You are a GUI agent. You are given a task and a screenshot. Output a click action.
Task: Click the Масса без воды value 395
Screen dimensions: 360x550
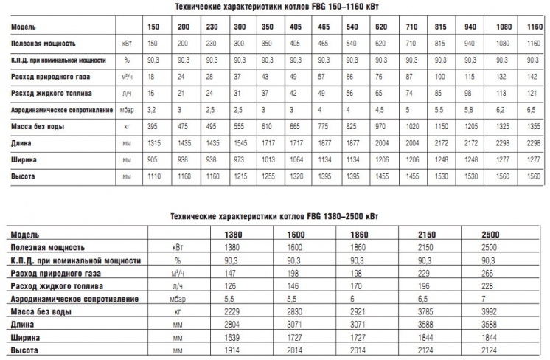[x=153, y=126]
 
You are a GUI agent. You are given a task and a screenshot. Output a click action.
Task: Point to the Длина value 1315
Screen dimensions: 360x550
[x=153, y=143]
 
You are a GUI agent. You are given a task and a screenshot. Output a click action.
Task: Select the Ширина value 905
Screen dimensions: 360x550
[x=153, y=159]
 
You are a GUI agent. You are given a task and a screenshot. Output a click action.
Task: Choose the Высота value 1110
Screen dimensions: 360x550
[x=153, y=176]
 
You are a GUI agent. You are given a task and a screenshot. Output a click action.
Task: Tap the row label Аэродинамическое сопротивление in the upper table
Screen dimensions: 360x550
[x=55, y=110]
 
